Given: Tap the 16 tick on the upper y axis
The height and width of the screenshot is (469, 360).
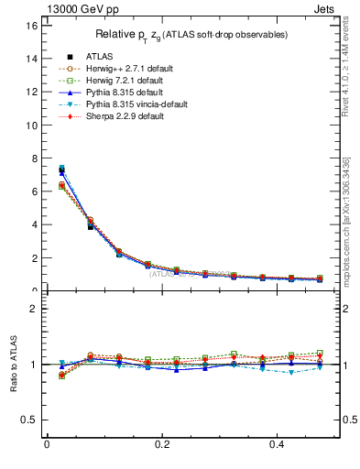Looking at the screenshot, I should pos(30,26).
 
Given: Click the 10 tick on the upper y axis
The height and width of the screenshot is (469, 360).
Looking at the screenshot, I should pos(30,125).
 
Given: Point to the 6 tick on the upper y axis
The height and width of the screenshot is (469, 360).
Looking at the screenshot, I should pos(33,191).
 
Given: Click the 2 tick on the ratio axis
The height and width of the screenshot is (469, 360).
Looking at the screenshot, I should pos(33,309).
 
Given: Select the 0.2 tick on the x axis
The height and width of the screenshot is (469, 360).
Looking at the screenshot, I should pos(163,447).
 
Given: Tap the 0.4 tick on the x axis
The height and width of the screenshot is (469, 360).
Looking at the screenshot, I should pos(279,447).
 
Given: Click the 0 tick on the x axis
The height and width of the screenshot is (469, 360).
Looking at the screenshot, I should pos(47,447).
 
